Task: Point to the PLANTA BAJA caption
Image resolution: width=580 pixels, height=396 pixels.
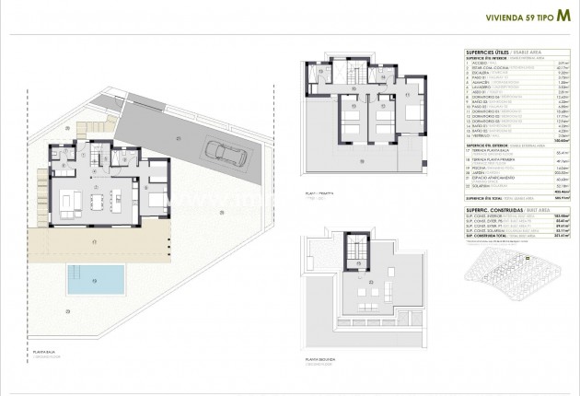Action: click(x=45, y=353)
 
